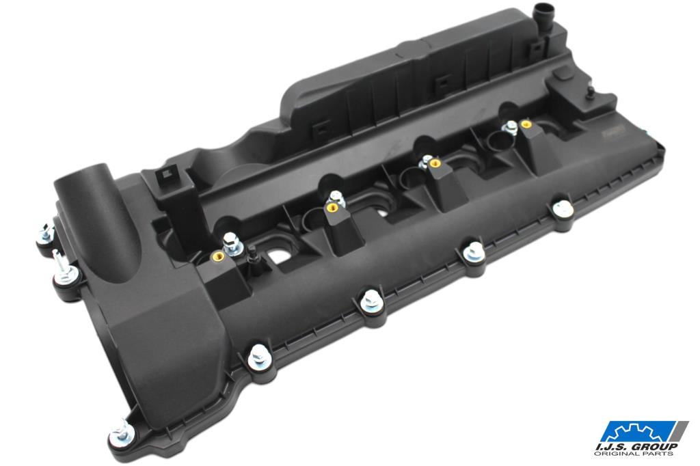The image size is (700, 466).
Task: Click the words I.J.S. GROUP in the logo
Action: tap(636, 446)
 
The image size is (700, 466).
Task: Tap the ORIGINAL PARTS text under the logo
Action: tap(634, 454)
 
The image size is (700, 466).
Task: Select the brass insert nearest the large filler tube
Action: tap(219, 257)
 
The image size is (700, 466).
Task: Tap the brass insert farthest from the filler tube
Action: tap(526, 124)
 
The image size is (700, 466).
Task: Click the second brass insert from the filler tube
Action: tap(332, 208)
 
